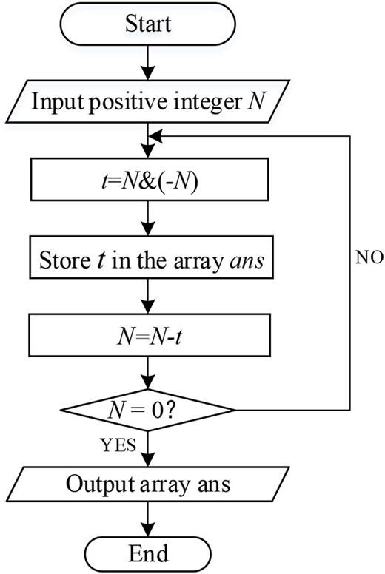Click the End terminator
(x=148, y=552)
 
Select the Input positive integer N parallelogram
(x=148, y=101)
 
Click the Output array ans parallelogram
(x=148, y=484)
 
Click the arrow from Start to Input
(x=148, y=62)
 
